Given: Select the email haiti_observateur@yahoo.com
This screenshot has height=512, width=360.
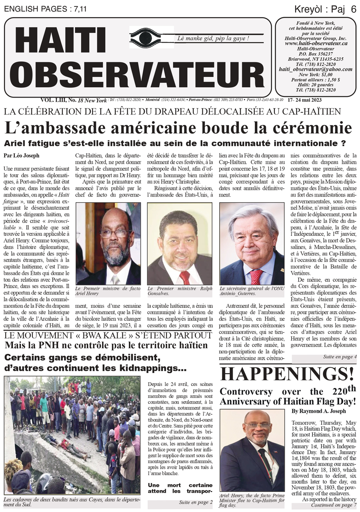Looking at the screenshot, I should [x=315, y=69].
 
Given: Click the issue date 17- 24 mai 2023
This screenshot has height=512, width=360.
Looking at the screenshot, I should [x=307, y=100].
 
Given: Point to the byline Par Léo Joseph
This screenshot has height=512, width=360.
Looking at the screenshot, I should [x=21, y=155].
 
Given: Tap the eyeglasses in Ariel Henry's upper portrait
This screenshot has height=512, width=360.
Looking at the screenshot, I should [x=114, y=233].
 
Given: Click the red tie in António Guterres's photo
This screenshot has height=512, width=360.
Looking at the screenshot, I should [x=256, y=277].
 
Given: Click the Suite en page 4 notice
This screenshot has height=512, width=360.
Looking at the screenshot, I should [x=340, y=357].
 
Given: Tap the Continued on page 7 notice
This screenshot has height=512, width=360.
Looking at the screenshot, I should [x=334, y=505].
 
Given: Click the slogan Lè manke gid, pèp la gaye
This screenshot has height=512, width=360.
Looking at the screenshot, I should [x=213, y=38].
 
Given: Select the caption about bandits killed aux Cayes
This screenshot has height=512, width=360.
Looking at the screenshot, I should [x=72, y=502].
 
